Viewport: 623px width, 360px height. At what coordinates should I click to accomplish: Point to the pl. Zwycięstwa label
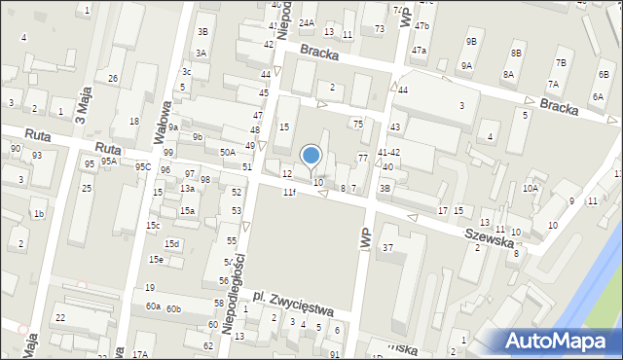(292, 303)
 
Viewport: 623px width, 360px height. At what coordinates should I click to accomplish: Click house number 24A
(307, 22)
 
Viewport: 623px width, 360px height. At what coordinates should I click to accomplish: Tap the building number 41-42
(389, 153)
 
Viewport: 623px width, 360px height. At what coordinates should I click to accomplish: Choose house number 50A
(228, 152)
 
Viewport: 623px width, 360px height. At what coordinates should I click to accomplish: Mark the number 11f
(289, 193)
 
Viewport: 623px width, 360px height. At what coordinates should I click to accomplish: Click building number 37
(387, 248)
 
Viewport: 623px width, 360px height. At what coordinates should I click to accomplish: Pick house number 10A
(531, 188)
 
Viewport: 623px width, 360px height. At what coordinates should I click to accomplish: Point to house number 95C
(142, 167)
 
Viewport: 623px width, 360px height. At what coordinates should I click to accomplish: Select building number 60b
(173, 308)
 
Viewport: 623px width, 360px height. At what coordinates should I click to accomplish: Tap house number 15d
(172, 243)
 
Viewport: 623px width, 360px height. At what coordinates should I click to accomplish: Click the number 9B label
(471, 41)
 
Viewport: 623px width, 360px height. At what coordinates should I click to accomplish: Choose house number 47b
(421, 25)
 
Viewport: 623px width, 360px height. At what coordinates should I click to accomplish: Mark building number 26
(113, 78)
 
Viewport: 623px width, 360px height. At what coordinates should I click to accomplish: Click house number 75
(357, 124)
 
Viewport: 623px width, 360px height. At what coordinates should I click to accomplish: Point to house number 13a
(186, 188)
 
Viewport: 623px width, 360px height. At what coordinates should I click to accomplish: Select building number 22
(59, 318)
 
